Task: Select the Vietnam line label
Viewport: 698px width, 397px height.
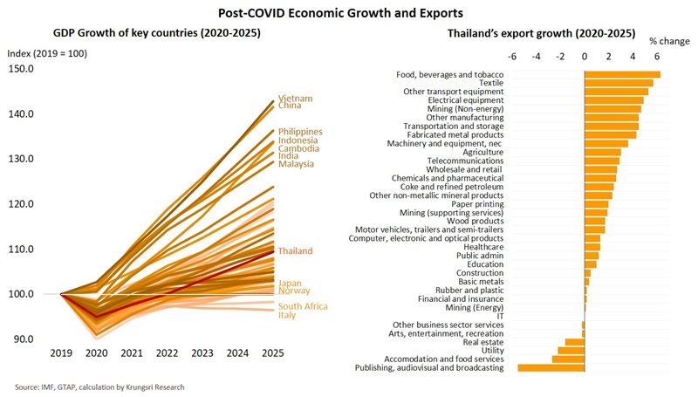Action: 295,98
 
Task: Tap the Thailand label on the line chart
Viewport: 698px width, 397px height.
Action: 295,251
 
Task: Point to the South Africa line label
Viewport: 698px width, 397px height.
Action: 304,306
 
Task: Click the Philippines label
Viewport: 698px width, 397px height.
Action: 300,132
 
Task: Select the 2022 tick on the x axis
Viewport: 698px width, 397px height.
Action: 168,353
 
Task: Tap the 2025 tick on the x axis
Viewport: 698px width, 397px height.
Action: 272,353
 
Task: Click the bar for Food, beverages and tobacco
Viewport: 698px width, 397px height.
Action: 621,75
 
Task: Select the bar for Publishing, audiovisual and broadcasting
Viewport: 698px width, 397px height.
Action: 551,368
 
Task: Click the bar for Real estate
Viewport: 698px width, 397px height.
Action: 574,341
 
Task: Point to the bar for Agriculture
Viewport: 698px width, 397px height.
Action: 602,152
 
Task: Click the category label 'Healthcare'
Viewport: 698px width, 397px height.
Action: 481,247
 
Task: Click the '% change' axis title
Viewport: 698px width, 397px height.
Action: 669,41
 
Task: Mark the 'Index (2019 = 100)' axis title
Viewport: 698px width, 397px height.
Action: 47,53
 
